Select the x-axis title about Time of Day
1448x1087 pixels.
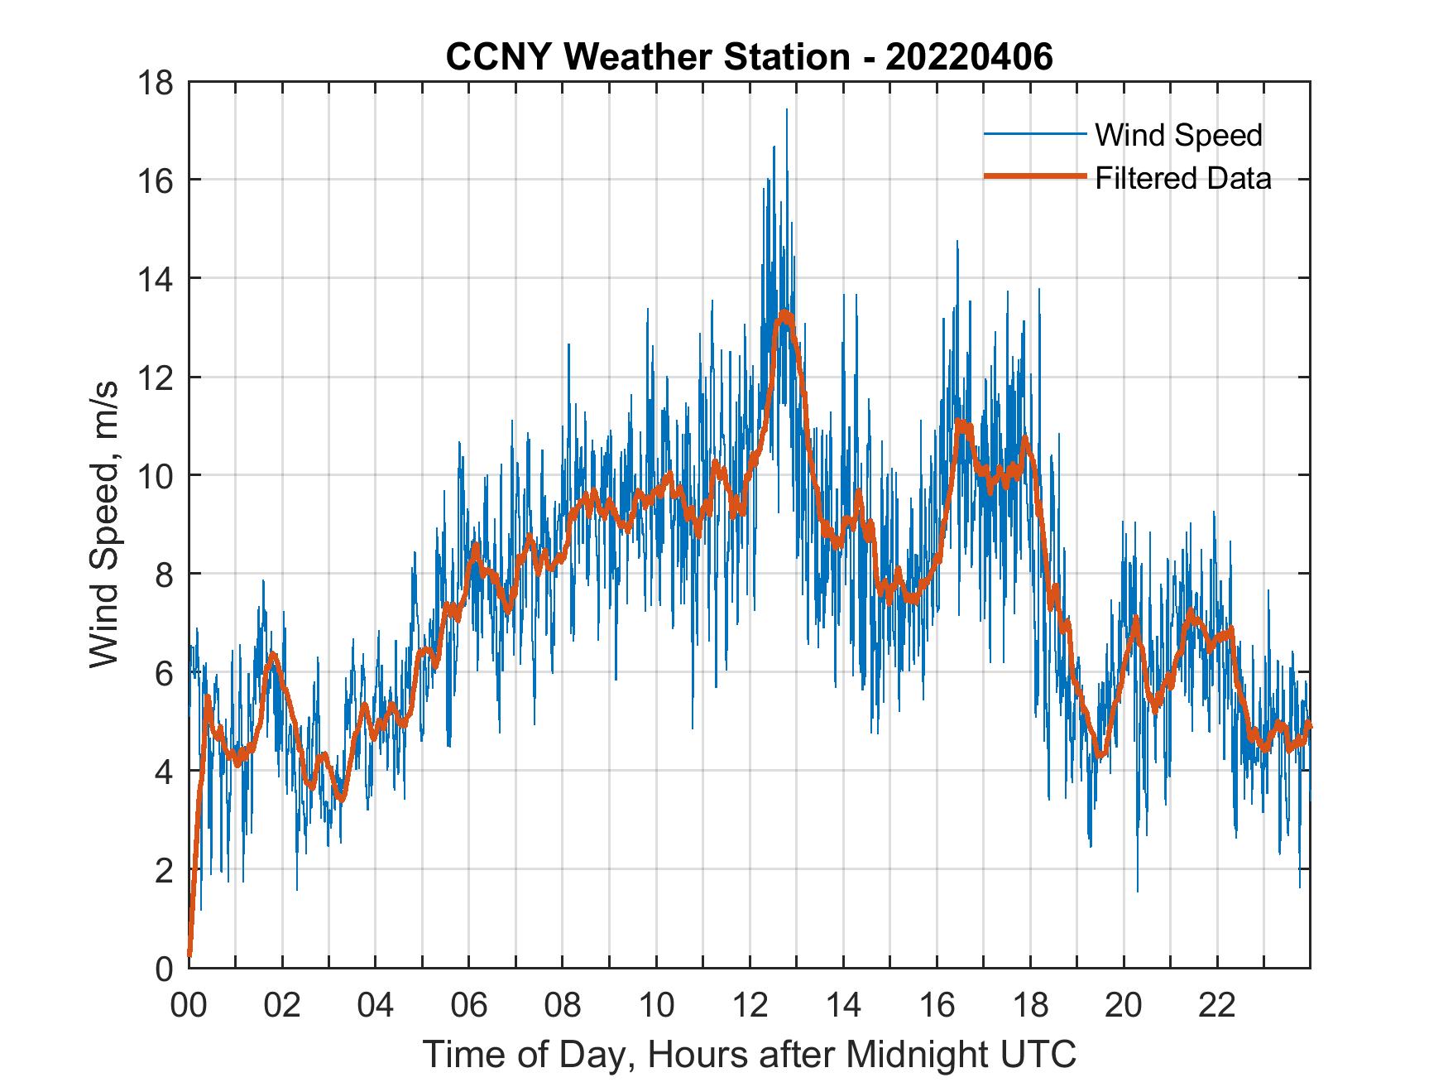749,1054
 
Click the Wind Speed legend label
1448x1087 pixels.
1178,135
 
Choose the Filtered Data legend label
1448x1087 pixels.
1182,178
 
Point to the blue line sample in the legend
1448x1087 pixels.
1034,134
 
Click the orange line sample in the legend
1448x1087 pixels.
1034,176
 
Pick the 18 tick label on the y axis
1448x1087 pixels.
157,83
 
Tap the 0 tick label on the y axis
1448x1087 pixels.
165,968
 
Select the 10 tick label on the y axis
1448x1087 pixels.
157,476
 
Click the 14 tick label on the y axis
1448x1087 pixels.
157,279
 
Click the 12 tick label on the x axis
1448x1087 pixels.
750,1005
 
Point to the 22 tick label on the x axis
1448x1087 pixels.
1217,1005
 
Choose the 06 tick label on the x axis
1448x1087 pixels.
468,1005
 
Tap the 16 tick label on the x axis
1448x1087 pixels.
937,1005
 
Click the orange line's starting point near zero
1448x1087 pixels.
189,954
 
